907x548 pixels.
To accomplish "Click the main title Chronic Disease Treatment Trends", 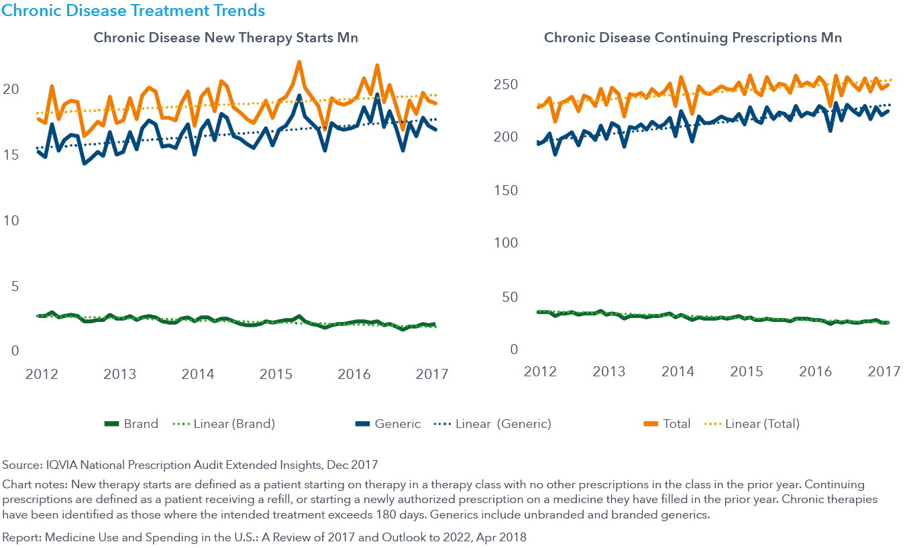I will tap(134, 11).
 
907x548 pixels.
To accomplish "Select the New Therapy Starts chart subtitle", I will tap(225, 38).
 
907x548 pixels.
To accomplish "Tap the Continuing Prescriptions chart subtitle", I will tap(692, 38).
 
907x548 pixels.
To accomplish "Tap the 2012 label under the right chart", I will tap(541, 371).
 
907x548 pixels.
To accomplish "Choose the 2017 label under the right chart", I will tap(883, 371).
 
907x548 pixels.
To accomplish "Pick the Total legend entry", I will tap(677, 424).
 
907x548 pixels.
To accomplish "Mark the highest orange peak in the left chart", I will tap(299, 62).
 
